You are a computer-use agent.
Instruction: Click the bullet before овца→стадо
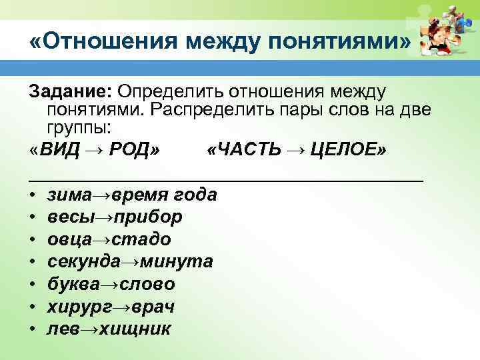pos(33,240)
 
